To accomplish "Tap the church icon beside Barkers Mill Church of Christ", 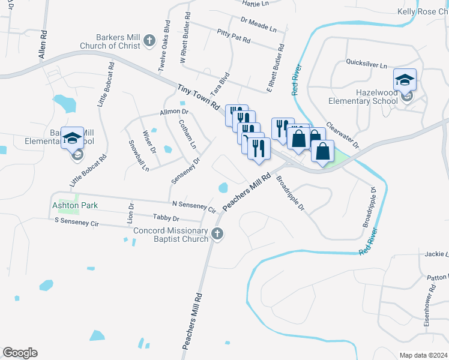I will (x=149, y=41).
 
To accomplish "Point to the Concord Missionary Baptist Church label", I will (x=170, y=235).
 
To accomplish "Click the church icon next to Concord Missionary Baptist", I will (x=217, y=235).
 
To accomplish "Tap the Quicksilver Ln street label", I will (x=367, y=63).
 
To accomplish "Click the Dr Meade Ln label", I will (x=258, y=23).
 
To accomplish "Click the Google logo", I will (x=20, y=353).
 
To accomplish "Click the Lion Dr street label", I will (x=131, y=214).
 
